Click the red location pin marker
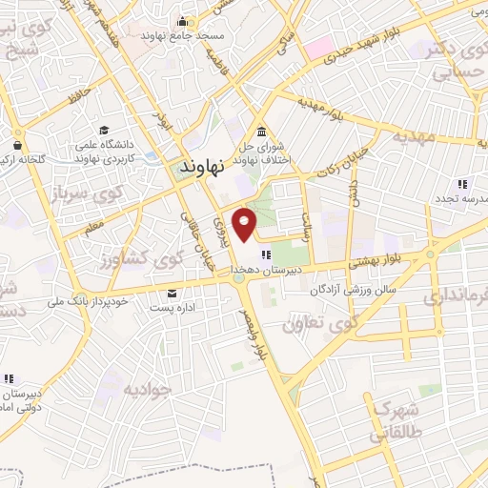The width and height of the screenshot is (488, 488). [x=246, y=223]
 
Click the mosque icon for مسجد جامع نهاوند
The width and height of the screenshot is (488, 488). [x=181, y=21]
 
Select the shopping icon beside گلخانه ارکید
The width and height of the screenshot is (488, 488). [x=17, y=146]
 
